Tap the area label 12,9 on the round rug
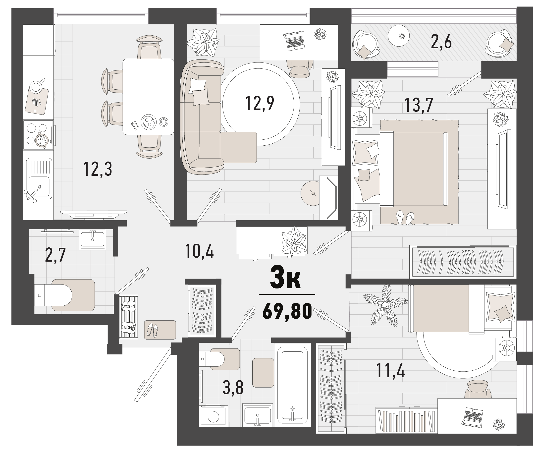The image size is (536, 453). [260, 103]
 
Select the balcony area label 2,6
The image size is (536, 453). [441, 42]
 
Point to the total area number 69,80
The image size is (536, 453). [287, 311]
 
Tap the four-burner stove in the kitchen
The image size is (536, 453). [38, 135]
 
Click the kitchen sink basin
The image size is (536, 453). [39, 186]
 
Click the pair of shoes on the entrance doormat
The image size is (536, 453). [152, 330]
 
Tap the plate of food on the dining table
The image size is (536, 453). [148, 121]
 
